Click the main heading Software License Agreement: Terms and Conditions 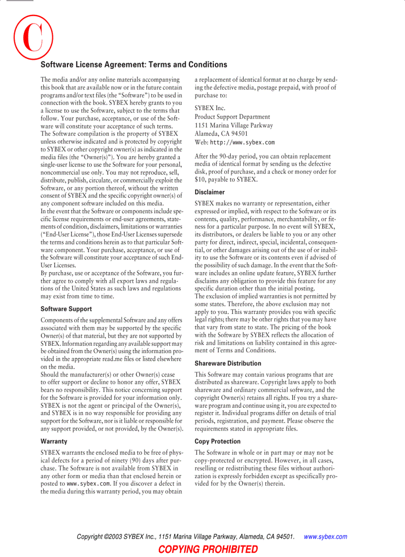pos(134,64)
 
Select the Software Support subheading pos(66,309)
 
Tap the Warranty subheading pos(54,441)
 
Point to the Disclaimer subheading pos(209,192)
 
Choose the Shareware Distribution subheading pos(228,363)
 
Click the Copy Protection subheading pos(217,441)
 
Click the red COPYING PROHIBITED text pos(208,549)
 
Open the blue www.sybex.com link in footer pos(325,537)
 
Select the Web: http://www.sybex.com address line pos(234,142)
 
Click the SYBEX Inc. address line pos(210,108)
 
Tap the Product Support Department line pos(232,117)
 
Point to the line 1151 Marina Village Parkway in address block pos(234,125)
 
